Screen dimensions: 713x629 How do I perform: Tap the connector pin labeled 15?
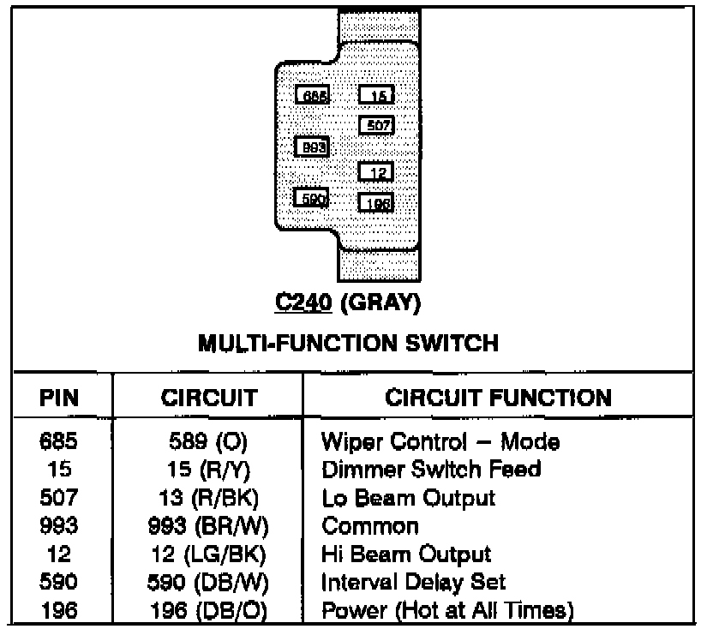pos(376,96)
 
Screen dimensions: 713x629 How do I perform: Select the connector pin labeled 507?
pos(376,125)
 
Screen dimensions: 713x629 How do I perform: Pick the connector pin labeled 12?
pos(376,172)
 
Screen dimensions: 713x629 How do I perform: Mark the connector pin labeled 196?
pos(376,202)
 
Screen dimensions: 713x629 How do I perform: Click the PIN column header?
pos(61,398)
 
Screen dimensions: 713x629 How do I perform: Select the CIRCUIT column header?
pos(209,398)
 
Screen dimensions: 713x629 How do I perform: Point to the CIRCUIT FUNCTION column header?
pos(498,398)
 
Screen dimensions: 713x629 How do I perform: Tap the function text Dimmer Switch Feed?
pos(431,470)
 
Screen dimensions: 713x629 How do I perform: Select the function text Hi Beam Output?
pos(406,554)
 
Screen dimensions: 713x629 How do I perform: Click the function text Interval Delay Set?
pos(413,582)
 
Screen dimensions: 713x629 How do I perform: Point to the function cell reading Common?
pos(370,525)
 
